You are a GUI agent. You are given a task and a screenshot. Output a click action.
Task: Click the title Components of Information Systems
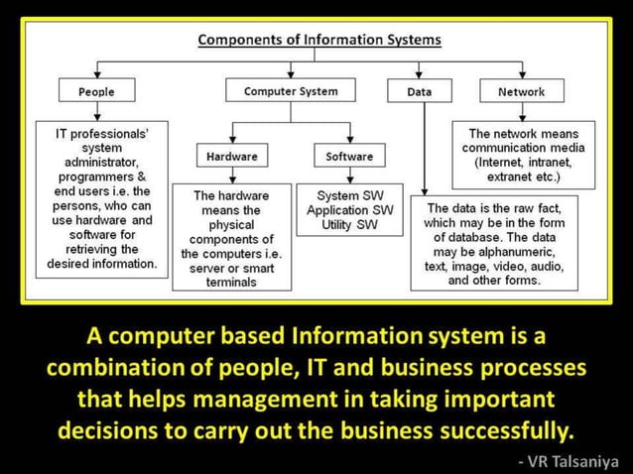coord(319,41)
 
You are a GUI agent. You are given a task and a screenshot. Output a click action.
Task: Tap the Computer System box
coord(291,91)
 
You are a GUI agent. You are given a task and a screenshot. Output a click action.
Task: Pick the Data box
coord(420,91)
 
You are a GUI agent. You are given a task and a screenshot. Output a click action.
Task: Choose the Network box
coord(522,91)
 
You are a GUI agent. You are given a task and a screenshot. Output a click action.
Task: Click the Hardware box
coord(232,157)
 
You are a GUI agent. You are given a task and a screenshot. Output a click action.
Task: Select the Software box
coord(349,157)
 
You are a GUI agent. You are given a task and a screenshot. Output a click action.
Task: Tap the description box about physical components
coord(232,236)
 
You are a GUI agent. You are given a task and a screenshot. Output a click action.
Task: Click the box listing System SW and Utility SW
coord(349,210)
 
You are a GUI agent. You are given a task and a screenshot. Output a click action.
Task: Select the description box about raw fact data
coord(493,244)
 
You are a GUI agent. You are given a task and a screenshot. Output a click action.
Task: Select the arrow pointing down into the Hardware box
coord(232,140)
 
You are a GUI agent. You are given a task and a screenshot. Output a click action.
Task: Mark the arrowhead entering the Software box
coord(349,140)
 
